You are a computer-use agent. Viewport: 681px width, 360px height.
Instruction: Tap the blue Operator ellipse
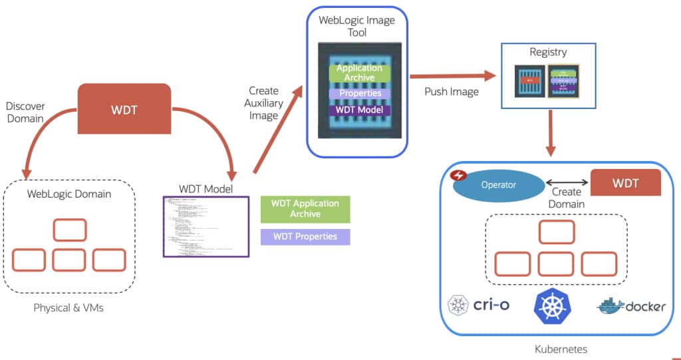[497, 185]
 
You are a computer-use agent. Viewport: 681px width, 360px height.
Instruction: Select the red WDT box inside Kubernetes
[626, 182]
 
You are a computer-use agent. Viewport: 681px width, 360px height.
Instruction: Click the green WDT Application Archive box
[305, 208]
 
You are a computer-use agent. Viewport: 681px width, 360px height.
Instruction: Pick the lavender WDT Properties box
[305, 237]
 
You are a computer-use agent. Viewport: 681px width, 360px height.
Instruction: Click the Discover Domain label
[24, 112]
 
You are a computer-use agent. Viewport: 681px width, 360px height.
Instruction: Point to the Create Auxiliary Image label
[263, 102]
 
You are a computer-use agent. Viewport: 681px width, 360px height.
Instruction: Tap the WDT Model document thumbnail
[206, 226]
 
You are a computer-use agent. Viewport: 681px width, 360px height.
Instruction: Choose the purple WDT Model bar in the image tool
[360, 110]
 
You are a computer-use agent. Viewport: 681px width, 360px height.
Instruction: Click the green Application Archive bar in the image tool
[359, 73]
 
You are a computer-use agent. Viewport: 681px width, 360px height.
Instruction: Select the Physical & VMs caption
[68, 308]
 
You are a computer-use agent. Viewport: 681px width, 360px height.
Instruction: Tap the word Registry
[548, 52]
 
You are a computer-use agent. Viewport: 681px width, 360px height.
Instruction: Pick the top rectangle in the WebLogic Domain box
[69, 229]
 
